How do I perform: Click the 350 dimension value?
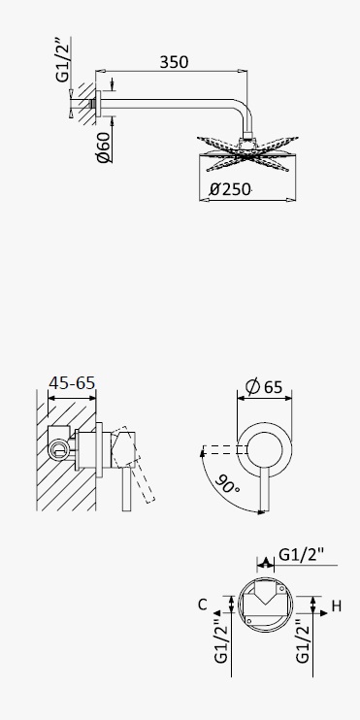[174, 62]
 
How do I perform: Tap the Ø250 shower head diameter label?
[230, 189]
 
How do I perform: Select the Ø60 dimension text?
[104, 147]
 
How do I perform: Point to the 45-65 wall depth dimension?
[72, 382]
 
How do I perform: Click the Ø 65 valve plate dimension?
[264, 386]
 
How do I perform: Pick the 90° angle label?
[227, 482]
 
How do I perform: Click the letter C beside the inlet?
[203, 605]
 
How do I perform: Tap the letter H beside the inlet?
[337, 606]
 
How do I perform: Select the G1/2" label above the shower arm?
[62, 59]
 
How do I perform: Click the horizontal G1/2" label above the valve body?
[302, 555]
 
